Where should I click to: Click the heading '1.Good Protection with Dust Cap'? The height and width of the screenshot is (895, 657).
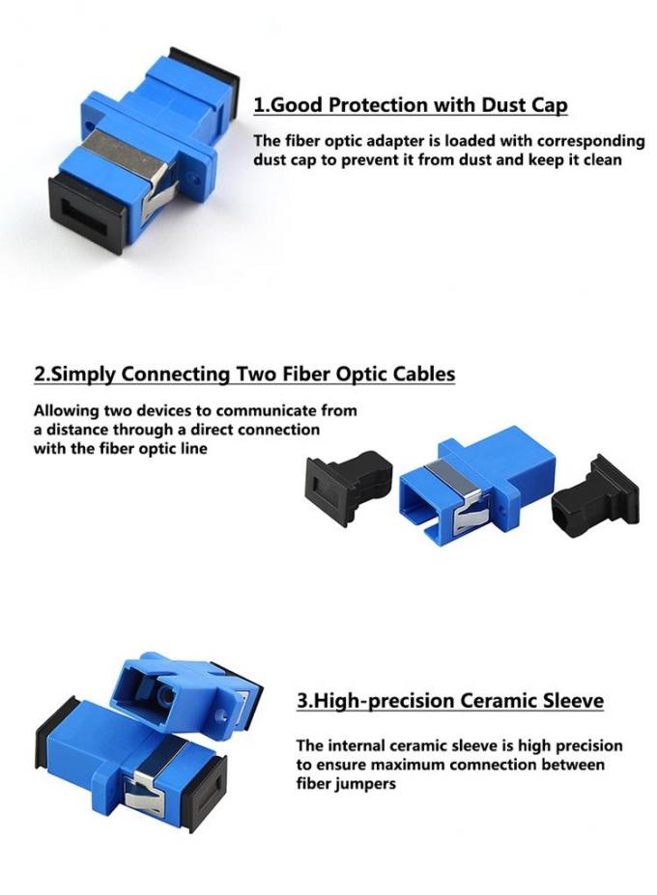[410, 105]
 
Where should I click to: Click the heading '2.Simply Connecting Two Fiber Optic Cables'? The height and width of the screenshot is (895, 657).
[244, 374]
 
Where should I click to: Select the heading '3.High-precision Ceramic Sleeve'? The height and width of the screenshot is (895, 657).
[449, 701]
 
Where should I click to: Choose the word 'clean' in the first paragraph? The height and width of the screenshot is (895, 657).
[601, 160]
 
